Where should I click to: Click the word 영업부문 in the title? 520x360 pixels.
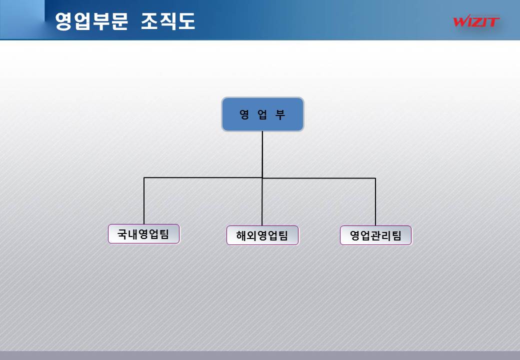[91, 21]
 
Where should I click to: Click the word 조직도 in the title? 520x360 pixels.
[167, 21]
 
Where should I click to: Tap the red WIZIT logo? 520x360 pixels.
[476, 21]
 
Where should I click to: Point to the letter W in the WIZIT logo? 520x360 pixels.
[460, 21]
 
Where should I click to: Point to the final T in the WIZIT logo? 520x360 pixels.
[493, 21]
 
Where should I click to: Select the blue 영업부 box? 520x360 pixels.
[262, 114]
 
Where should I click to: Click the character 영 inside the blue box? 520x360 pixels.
[244, 114]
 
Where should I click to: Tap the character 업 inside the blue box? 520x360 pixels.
[262, 114]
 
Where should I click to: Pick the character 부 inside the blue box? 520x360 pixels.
[280, 114]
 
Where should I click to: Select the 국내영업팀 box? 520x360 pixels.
[143, 234]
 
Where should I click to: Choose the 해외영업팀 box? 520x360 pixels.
[262, 235]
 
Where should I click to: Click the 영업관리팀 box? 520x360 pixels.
[375, 235]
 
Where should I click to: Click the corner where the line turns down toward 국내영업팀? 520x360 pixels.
[144, 177]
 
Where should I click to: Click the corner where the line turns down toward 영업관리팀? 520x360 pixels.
[375, 178]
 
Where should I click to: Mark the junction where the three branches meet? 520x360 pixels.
[262, 177]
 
